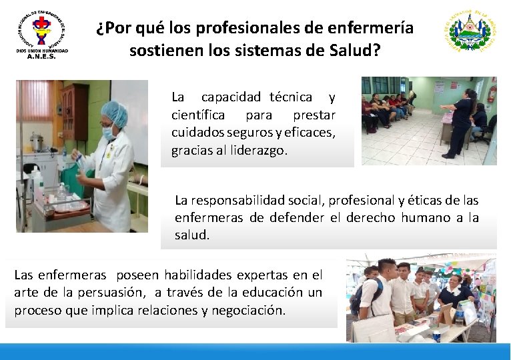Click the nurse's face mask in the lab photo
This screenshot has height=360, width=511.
click(x=109, y=133)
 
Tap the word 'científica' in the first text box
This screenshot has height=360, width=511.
click(x=198, y=115)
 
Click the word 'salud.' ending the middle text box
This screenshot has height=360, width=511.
click(x=192, y=235)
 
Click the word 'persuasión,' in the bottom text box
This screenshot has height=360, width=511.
click(x=115, y=292)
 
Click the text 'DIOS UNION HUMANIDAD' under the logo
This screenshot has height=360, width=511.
click(x=41, y=51)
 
